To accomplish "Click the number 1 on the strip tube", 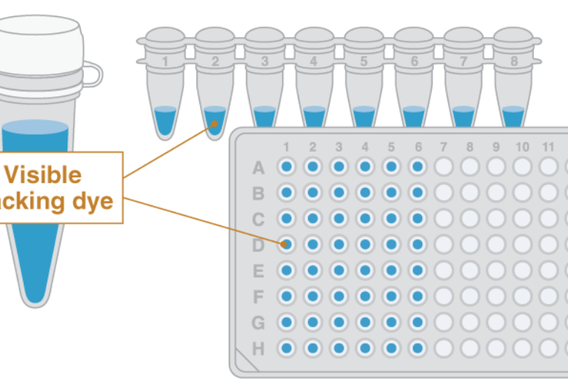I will click(x=165, y=61).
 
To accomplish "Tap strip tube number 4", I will click(x=314, y=81).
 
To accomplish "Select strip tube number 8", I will click(x=514, y=81).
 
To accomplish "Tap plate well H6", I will click(x=418, y=348).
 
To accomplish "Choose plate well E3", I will click(x=339, y=270).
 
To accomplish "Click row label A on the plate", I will click(x=258, y=168).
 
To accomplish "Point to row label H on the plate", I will click(x=258, y=349).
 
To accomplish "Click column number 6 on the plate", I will click(x=418, y=147).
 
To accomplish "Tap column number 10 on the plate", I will click(x=522, y=147).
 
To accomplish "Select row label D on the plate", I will click(x=258, y=245).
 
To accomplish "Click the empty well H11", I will click(x=548, y=348).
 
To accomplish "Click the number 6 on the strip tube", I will click(x=414, y=61).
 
